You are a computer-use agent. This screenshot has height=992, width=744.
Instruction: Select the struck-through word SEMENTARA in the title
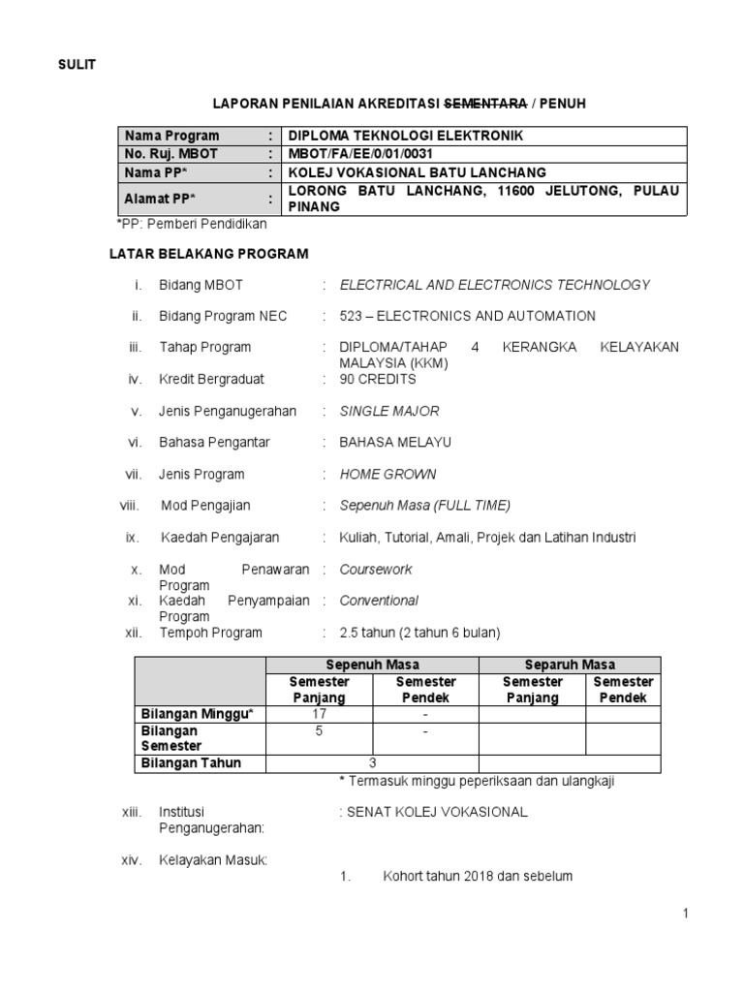coord(484,102)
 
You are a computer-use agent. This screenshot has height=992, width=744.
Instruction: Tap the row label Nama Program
coord(170,136)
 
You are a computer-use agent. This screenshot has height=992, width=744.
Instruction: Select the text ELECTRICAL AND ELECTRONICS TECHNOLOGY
coord(495,285)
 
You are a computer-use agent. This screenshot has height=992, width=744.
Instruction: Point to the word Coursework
coord(376,570)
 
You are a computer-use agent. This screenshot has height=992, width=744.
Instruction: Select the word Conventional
coord(379,601)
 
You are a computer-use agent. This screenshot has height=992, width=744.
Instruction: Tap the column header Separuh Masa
coord(570,665)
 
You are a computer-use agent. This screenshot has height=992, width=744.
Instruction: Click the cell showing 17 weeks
coord(320,714)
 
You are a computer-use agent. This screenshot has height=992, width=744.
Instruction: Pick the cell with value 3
coord(372,762)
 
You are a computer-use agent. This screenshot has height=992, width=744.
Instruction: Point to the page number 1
coord(684,914)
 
